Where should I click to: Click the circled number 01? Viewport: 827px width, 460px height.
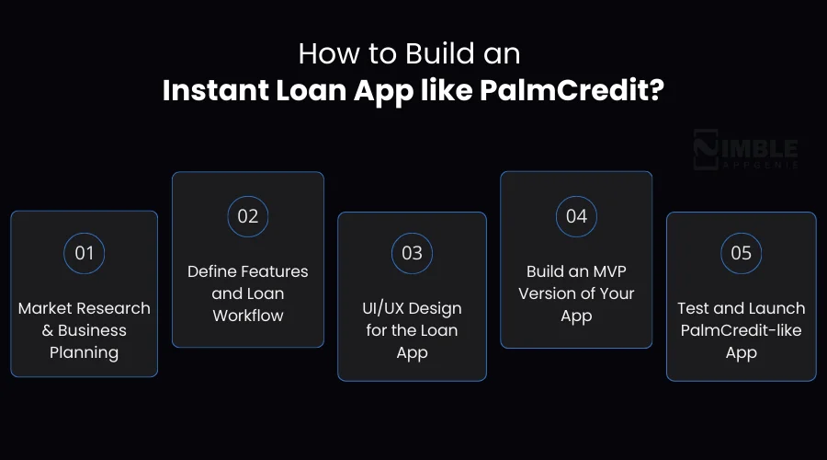pyautogui.click(x=84, y=252)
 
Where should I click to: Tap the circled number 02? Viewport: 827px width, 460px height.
pyautogui.click(x=248, y=216)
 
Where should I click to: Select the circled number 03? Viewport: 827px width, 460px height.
pyautogui.click(x=412, y=253)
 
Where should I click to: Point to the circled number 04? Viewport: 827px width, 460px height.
pyautogui.click(x=576, y=216)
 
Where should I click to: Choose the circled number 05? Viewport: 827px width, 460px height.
pyautogui.click(x=741, y=253)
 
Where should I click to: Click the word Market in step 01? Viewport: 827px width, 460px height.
pyautogui.click(x=48, y=308)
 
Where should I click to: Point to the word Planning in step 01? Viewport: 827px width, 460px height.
pyautogui.click(x=84, y=352)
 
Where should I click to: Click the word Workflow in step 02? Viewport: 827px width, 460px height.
pyautogui.click(x=248, y=316)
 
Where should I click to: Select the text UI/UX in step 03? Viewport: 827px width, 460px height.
pyautogui.click(x=386, y=308)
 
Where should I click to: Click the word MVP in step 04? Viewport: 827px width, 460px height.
pyautogui.click(x=607, y=271)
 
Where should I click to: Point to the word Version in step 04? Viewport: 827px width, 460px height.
pyautogui.click(x=550, y=293)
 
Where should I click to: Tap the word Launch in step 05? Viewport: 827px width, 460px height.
pyautogui.click(x=776, y=308)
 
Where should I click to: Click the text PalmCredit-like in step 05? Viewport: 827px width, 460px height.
pyautogui.click(x=741, y=330)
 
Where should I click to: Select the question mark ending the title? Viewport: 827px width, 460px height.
pyautogui.click(x=656, y=93)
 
